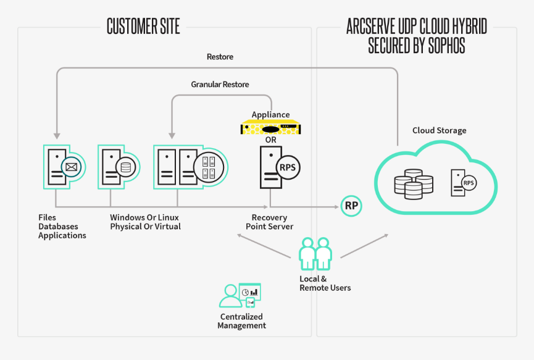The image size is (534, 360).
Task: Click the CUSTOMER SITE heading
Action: coord(143,27)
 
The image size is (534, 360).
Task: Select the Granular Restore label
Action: coord(220,84)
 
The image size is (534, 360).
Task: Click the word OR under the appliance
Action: coord(271,140)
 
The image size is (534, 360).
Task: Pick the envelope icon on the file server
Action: coord(71,166)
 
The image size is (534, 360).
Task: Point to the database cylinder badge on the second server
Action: coord(126,167)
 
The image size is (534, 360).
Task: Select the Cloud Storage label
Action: coord(439,130)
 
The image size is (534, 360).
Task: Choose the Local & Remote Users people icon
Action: coord(315,254)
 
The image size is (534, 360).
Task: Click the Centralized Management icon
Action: coord(241,296)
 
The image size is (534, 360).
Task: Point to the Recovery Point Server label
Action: coord(269,222)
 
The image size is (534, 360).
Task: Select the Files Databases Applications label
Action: coord(62,227)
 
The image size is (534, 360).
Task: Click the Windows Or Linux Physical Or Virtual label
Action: coord(145,222)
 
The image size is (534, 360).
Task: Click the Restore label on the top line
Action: coord(220,57)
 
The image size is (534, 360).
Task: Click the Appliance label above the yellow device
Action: coord(270,115)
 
